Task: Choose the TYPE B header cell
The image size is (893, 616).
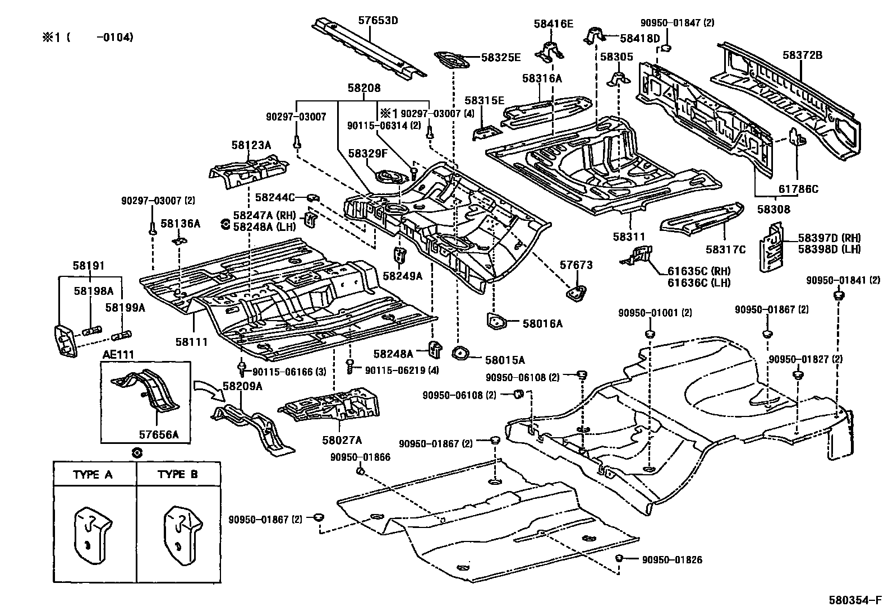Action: [x=178, y=475]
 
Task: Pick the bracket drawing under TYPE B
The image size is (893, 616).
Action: [x=181, y=535]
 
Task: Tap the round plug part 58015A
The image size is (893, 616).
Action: [x=461, y=354]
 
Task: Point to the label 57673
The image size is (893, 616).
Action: [x=576, y=265]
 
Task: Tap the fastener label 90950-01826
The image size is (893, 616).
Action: [x=672, y=559]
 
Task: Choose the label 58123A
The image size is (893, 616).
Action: [x=251, y=145]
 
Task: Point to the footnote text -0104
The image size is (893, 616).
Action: [x=114, y=38]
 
